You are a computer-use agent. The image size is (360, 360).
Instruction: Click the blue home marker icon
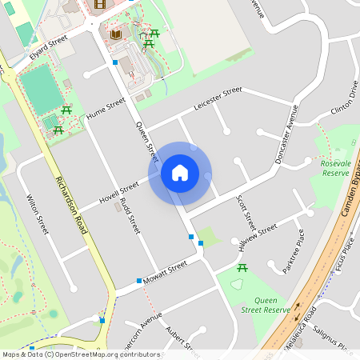tap(180, 172)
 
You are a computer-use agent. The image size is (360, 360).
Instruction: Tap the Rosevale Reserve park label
tap(335, 168)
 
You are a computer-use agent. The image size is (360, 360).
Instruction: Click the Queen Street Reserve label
tap(265, 304)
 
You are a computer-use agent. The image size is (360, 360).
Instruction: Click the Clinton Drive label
tap(342, 99)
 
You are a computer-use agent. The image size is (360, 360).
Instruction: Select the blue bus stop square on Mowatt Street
tap(139, 281)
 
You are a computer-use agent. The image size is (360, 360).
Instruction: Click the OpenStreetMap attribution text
tap(80, 354)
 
